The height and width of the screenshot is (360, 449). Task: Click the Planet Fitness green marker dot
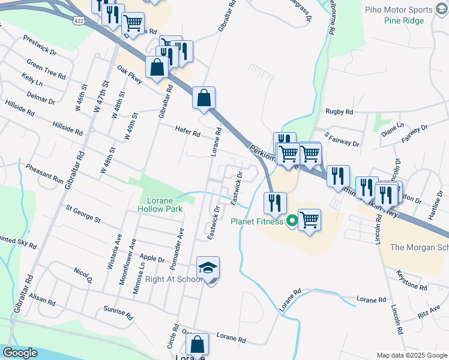pyautogui.click(x=292, y=221)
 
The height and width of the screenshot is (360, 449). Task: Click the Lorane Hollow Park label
pyautogui.click(x=160, y=205)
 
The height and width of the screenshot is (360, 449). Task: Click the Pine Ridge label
pyautogui.click(x=404, y=20)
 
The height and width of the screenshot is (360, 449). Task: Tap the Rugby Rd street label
pyautogui.click(x=339, y=112)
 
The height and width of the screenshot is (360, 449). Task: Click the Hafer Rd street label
pyautogui.click(x=187, y=130)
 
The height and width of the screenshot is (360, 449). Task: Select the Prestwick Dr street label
pyautogui.click(x=40, y=45)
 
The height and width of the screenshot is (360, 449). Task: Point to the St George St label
pyautogui.click(x=83, y=214)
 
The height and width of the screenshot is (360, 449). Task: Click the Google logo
pyautogui.click(x=20, y=353)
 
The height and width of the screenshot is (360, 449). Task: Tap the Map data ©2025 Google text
pyautogui.click(x=411, y=355)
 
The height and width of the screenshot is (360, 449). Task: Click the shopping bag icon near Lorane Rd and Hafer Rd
pyautogui.click(x=204, y=98)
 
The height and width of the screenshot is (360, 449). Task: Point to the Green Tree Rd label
pyautogui.click(x=46, y=69)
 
